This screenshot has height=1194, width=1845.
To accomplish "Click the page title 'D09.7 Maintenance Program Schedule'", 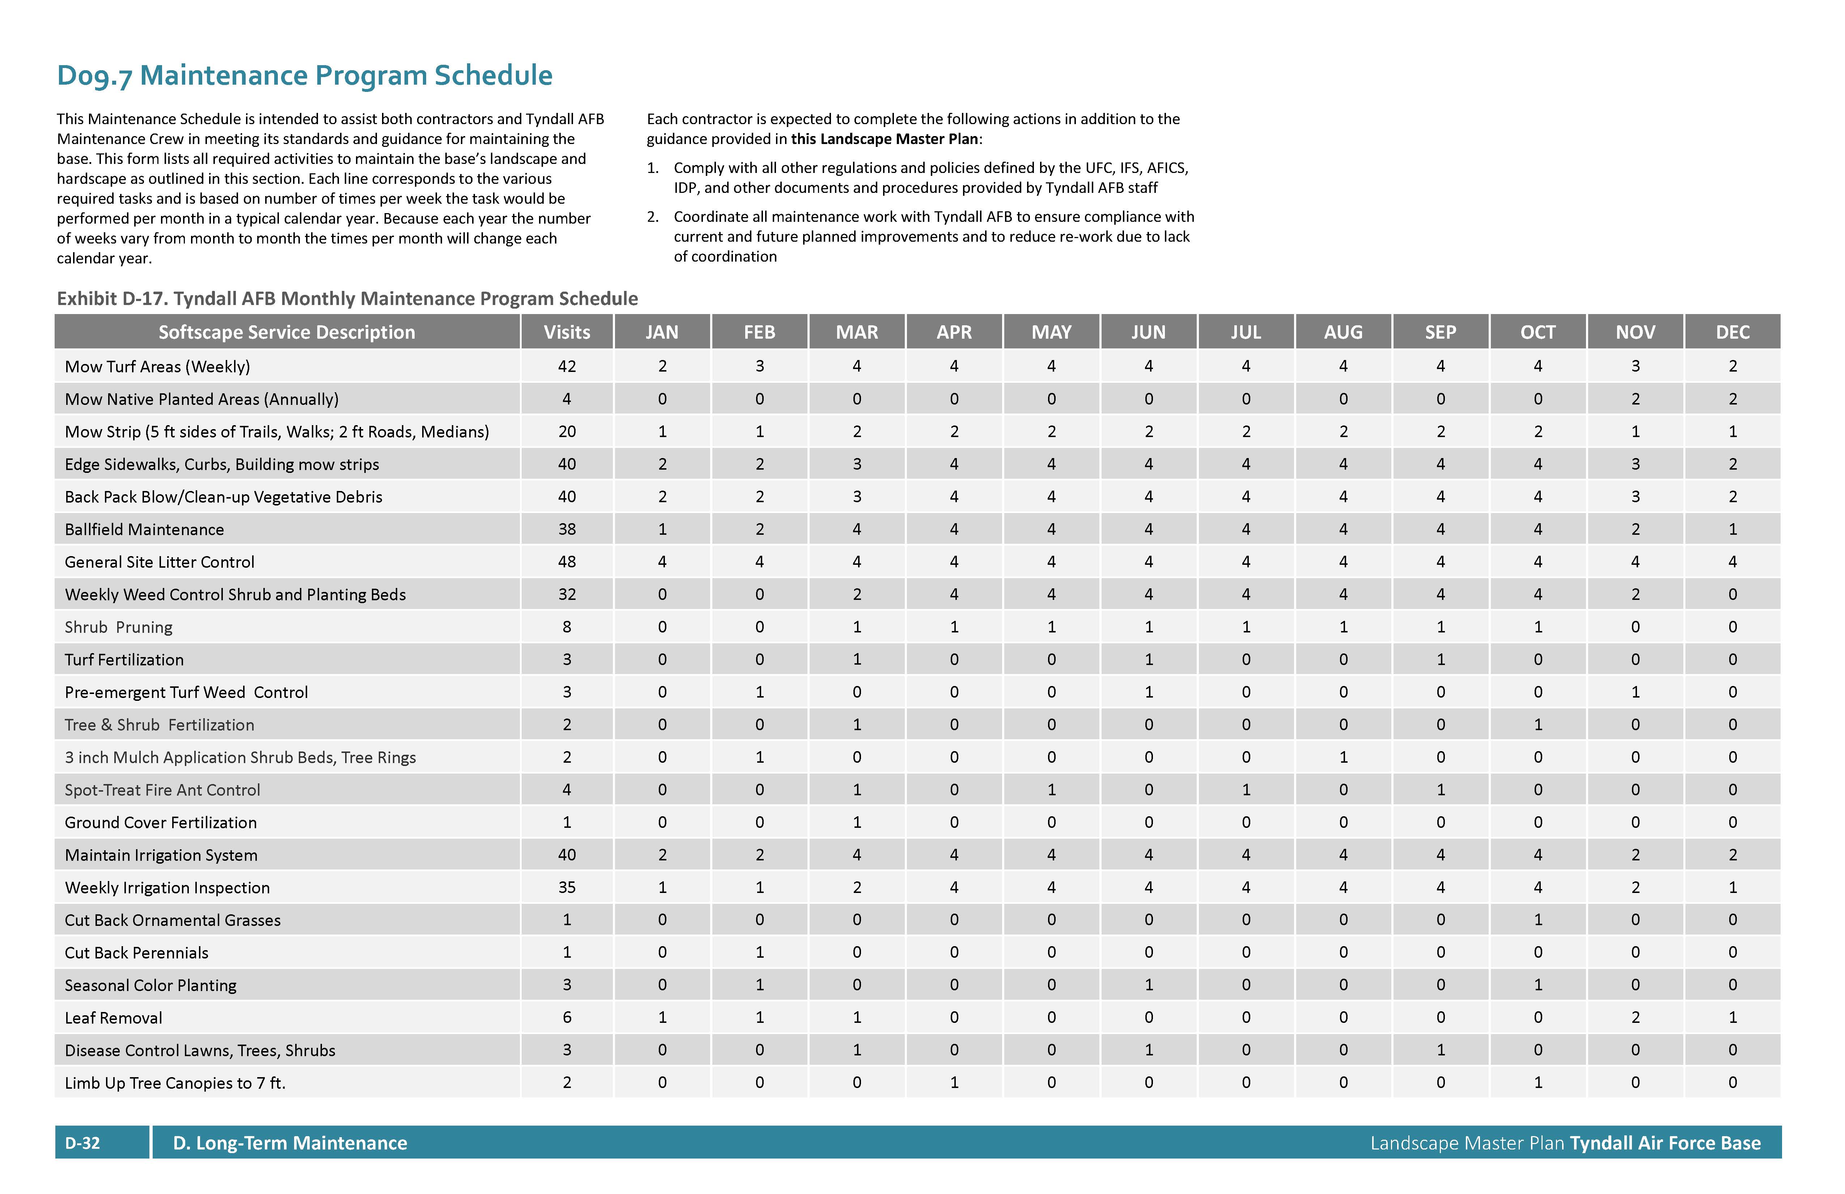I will click(x=305, y=75).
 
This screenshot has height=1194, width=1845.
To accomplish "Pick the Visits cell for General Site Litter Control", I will click(x=567, y=562).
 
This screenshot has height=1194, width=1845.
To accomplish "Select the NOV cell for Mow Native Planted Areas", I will click(x=1635, y=399).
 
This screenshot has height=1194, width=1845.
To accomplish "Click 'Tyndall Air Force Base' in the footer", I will click(x=1665, y=1143).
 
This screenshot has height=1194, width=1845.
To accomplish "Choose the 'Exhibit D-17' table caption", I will click(x=347, y=298).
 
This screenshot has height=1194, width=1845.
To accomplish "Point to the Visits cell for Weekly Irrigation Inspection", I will click(x=567, y=888).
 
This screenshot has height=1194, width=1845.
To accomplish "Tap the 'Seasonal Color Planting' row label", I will click(x=150, y=986).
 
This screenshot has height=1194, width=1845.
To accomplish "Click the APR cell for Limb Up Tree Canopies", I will click(x=954, y=1083).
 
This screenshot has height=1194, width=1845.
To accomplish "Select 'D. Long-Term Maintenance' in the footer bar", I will click(x=290, y=1143).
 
